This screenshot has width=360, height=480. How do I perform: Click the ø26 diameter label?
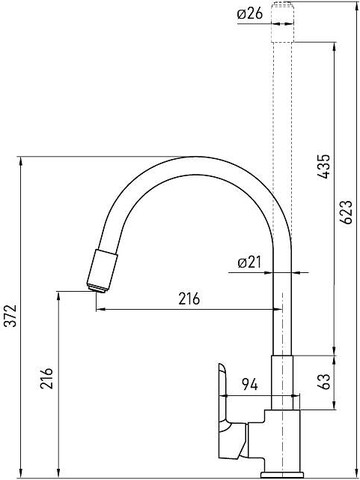coord(250,14)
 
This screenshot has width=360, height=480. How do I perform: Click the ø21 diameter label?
coord(250,263)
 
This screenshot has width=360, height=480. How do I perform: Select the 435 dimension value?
coord(323,167)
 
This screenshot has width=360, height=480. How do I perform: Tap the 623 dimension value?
coord(346,212)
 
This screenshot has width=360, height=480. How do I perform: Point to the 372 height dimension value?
coord(12,316)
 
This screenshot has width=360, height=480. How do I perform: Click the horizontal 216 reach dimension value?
coord(189,299)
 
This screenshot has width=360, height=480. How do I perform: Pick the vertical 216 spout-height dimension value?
coord(46,378)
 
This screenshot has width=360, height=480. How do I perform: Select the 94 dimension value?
coord(250,385)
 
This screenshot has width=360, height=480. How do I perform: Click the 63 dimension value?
coord(323,381)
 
